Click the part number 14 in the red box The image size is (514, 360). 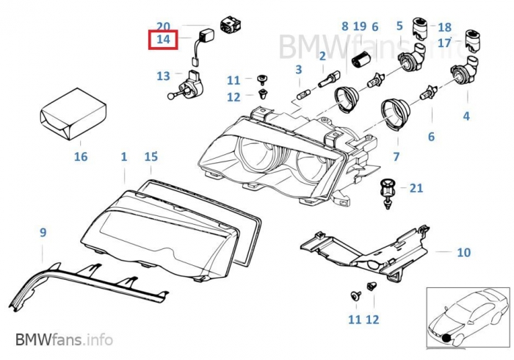[x=162, y=40]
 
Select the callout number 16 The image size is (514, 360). [x=81, y=156]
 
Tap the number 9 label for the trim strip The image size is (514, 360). [x=43, y=233]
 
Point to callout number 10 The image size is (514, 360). [x=463, y=253]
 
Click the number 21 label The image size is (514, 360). [x=416, y=188]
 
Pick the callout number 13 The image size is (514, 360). [x=163, y=76]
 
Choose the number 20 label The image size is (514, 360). [x=163, y=26]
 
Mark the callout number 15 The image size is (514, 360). [x=151, y=156]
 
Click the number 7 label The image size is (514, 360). [x=396, y=156]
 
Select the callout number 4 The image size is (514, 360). [x=466, y=116]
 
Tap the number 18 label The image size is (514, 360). [x=444, y=26]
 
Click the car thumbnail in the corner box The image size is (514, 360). [x=466, y=320]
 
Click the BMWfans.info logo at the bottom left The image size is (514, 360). [x=64, y=340]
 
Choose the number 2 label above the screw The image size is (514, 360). [x=322, y=56]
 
